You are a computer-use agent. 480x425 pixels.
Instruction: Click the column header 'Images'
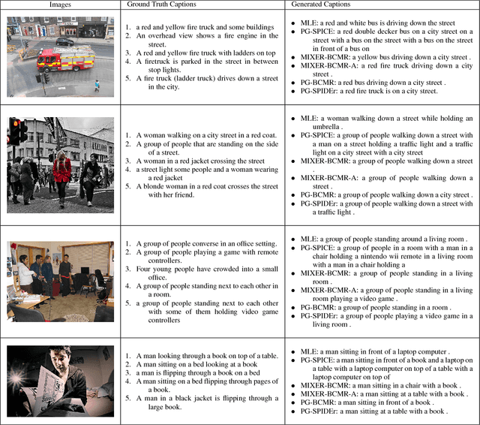pyautogui.click(x=60, y=5)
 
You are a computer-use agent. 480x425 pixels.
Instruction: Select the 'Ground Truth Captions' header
pyautogui.click(x=160, y=5)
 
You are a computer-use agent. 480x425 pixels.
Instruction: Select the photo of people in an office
pyautogui.click(x=60, y=278)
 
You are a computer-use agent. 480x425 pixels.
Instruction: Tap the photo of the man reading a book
pyautogui.click(x=60, y=381)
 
